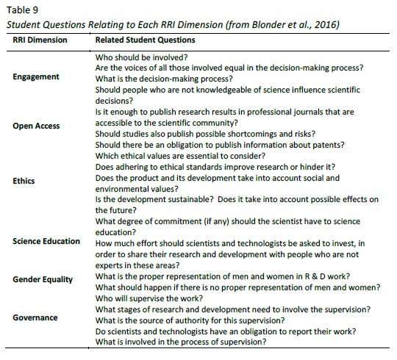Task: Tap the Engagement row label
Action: pyautogui.click(x=37, y=77)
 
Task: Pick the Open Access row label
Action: pyautogui.click(x=37, y=126)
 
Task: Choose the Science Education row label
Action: pyautogui.click(x=46, y=241)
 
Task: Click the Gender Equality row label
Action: pyautogui.click(x=43, y=280)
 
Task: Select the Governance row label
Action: pyautogui.click(x=36, y=318)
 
